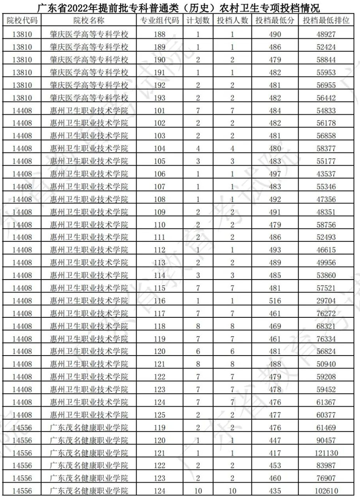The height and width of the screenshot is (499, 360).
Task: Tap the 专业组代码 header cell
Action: tap(159, 20)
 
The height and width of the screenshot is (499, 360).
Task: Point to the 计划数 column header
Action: tap(198, 20)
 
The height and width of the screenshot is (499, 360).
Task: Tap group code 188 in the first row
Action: tap(159, 34)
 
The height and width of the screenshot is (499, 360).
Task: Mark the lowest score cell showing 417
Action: tap(275, 452)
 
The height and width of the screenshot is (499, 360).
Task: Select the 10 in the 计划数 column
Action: tap(198, 491)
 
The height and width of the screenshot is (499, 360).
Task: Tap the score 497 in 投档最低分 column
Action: tap(275, 173)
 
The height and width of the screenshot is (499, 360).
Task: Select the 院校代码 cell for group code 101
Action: tap(22, 110)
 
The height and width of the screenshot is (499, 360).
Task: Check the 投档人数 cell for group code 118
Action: tap(232, 326)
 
